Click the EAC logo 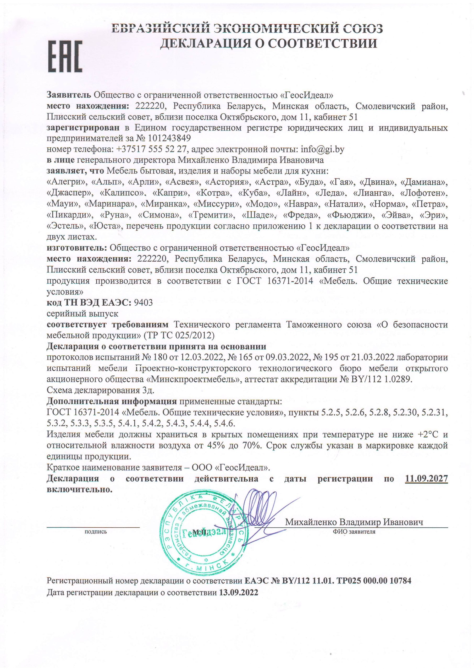65,56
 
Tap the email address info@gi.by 322,149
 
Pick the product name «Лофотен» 424,193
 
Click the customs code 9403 143,302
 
